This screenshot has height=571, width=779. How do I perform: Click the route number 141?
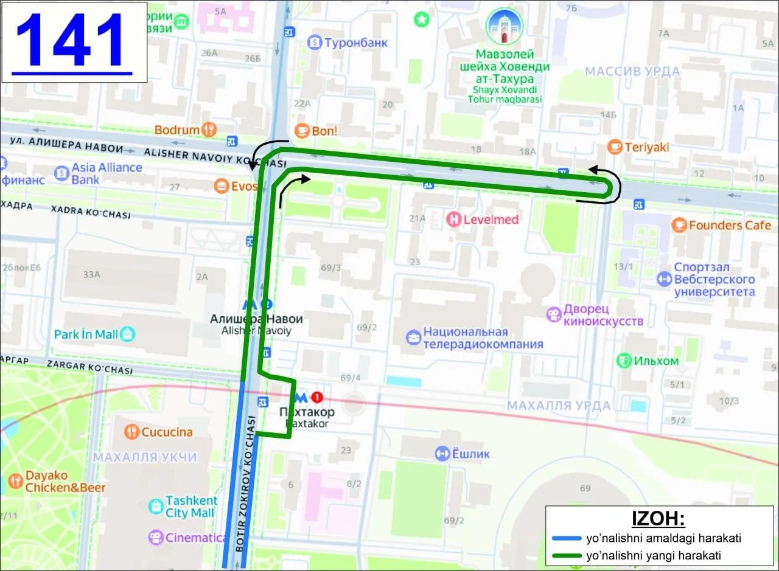72,41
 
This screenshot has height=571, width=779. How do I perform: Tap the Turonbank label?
355,43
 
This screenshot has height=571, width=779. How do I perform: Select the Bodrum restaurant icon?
209,130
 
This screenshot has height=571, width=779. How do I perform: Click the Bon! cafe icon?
302,131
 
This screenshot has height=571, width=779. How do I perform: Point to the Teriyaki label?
646,147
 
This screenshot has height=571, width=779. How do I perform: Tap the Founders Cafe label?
730,226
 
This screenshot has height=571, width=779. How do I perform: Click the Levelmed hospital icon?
453,220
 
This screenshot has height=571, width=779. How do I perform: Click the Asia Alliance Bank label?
107,173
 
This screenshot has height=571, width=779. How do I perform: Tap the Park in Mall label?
86,334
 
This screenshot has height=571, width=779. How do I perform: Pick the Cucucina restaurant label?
167,432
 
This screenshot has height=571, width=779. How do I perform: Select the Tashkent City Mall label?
190,507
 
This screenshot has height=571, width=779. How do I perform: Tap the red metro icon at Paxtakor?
316,398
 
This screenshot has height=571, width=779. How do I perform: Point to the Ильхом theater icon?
624,361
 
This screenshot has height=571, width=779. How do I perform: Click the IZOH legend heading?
659,520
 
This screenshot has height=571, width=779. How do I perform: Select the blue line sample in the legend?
566,539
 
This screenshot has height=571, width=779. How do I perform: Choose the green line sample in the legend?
566,555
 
